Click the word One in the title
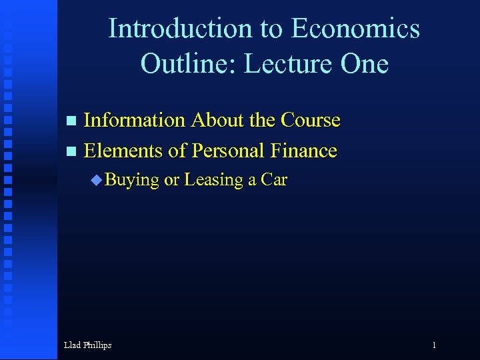[x=364, y=63]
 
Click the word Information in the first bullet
[x=135, y=120]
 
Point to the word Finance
[x=304, y=151]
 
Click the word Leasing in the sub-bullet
[x=213, y=180]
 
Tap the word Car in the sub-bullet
[x=274, y=180]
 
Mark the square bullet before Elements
[x=72, y=152]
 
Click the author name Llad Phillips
[x=87, y=345]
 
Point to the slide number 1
[x=434, y=345]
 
